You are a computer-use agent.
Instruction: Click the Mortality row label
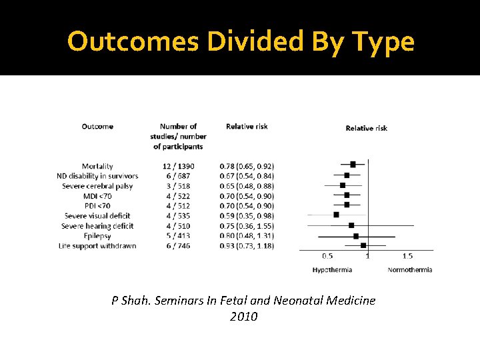click(x=97, y=166)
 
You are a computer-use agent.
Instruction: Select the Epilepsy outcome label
click(x=97, y=235)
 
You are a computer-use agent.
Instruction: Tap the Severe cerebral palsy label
click(x=97, y=186)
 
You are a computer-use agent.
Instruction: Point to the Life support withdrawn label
click(x=97, y=245)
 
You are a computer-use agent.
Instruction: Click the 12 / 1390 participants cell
click(x=178, y=166)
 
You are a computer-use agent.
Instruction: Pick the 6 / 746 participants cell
click(x=178, y=245)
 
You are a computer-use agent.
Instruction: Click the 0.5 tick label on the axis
click(x=328, y=256)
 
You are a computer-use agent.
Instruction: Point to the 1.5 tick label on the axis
click(x=407, y=256)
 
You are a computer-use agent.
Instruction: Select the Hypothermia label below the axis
click(x=332, y=270)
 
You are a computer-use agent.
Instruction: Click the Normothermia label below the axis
click(x=409, y=270)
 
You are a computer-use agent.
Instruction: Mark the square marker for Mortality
click(x=353, y=164)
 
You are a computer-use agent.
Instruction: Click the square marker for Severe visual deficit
click(x=336, y=215)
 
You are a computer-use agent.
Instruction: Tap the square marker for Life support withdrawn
click(x=363, y=245)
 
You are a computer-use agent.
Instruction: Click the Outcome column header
click(x=97, y=126)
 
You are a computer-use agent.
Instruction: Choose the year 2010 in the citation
click(x=243, y=317)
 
